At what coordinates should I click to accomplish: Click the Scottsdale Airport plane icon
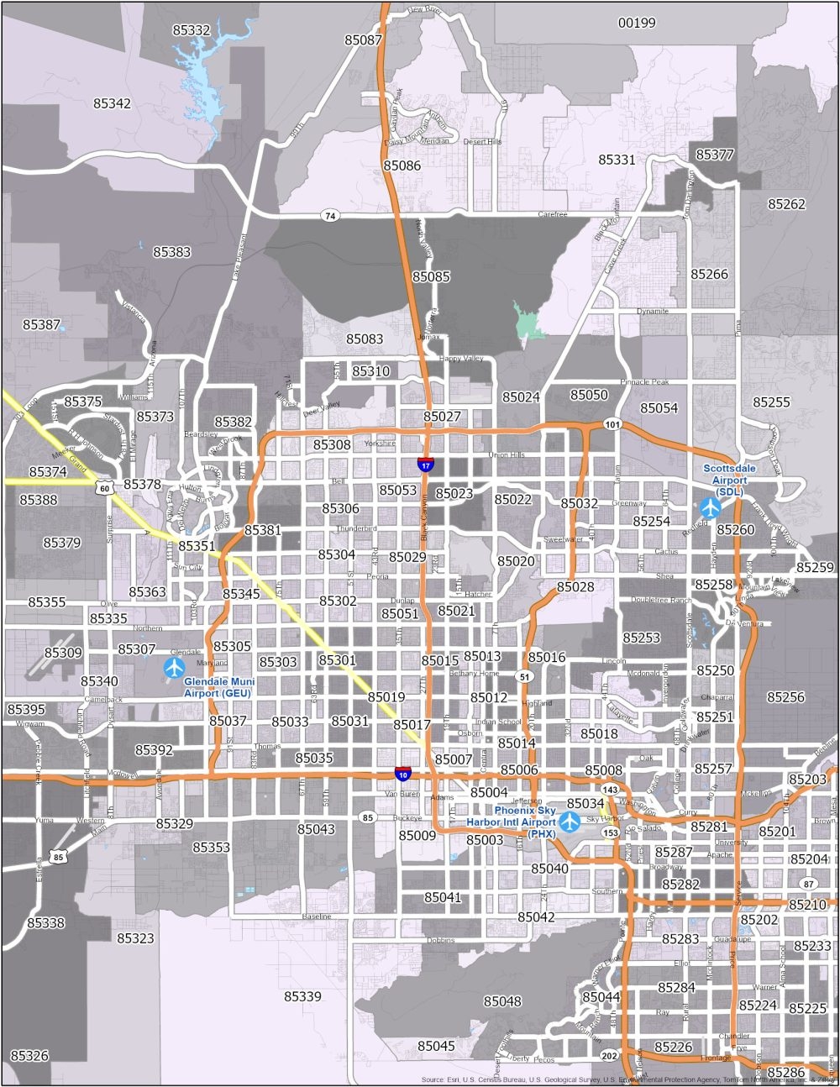tap(710, 508)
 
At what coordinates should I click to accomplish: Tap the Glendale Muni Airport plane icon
tap(175, 668)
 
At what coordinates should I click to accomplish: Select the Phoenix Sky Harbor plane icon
tap(570, 819)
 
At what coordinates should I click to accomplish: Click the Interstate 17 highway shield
tap(427, 462)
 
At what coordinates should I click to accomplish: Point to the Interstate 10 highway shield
tap(403, 773)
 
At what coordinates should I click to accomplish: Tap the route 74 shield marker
tap(331, 216)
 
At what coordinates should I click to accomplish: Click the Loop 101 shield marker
tap(612, 425)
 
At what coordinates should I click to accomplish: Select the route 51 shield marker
tap(525, 676)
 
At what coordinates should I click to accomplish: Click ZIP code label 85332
tap(192, 30)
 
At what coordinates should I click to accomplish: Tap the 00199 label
tap(636, 23)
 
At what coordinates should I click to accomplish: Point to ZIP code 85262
tap(786, 204)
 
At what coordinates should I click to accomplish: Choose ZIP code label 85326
tap(29, 1055)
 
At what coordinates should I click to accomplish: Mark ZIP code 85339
tap(302, 996)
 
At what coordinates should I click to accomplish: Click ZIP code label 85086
tap(402, 165)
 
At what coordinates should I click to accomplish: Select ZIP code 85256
tap(785, 697)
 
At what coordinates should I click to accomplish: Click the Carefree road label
tap(553, 215)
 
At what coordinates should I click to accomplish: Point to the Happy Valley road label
tap(461, 359)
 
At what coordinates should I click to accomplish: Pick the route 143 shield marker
tap(611, 790)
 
